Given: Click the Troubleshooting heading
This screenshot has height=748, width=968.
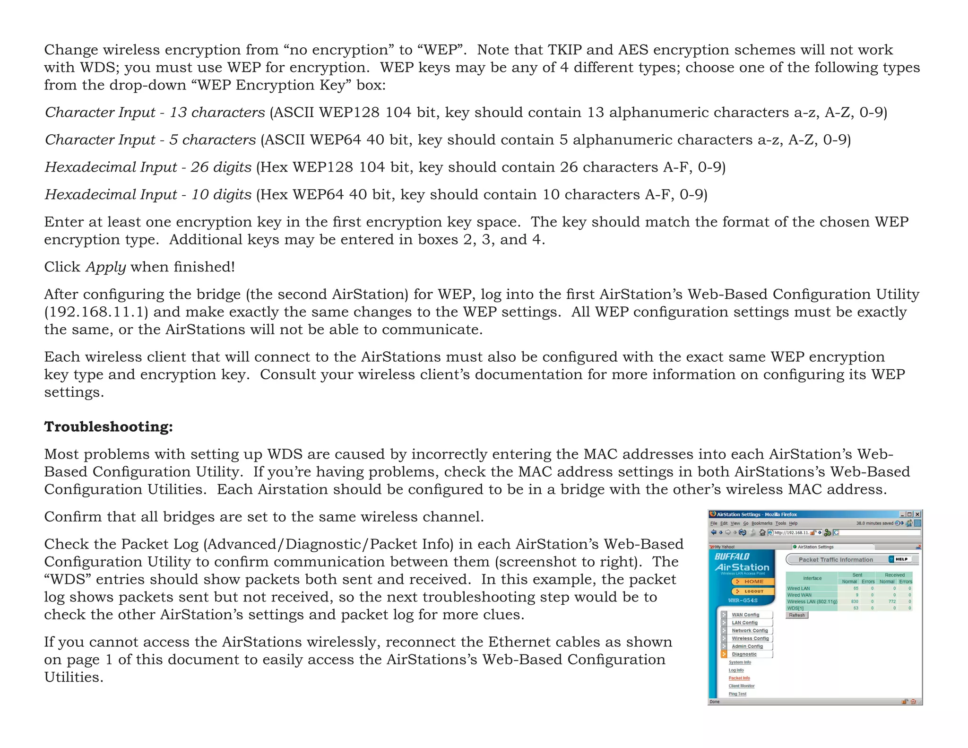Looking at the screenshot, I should pos(108,426).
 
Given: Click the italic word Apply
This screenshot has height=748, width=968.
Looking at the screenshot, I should pos(105,267).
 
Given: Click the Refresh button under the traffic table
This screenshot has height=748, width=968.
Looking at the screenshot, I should pos(797,615).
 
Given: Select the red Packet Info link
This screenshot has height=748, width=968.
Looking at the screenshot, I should pos(739,678).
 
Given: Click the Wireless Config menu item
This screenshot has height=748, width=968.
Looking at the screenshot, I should pos(750,638).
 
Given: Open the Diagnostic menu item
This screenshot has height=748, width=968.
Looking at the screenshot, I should pos(744,654).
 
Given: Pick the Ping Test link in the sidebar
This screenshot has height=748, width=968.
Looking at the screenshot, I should pos(737,694).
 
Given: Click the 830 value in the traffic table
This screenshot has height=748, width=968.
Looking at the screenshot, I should pos(855,601).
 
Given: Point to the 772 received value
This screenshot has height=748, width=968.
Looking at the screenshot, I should pos(892,601).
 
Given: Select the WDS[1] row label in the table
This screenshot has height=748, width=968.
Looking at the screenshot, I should pos(795,608).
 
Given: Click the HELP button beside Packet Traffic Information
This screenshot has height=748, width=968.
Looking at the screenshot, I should pos(901,559).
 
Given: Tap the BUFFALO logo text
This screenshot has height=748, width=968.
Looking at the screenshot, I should pos(732,557).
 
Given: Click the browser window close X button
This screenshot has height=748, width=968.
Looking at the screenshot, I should pos(917,514).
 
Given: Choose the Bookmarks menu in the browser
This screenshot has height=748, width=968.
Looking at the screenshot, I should pos(762,523).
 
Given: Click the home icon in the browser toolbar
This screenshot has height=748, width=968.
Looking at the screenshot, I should pos(762,532).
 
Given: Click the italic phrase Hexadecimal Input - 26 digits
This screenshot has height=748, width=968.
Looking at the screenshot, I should pos(148,167).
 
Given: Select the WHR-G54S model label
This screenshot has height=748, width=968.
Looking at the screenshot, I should pos(743,600).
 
